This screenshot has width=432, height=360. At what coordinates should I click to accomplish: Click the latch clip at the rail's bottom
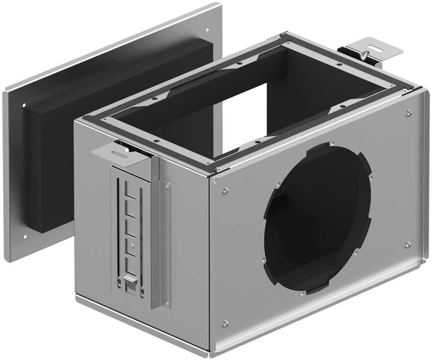130,281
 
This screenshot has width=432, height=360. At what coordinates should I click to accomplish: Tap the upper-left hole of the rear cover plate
24,105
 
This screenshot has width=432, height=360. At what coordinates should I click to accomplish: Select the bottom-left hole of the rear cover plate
25,237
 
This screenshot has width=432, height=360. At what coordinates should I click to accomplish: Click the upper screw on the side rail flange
167,186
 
